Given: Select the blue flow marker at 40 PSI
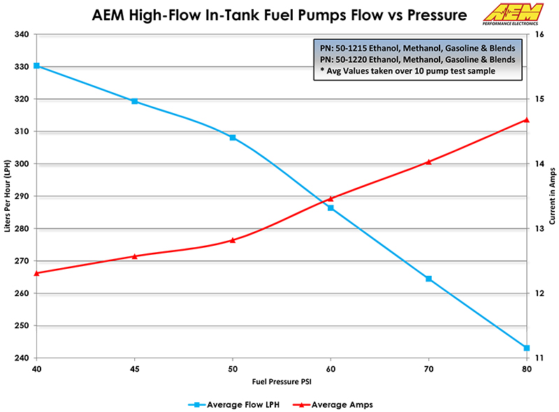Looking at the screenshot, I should point(36,66).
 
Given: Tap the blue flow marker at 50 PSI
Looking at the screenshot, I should point(233,138).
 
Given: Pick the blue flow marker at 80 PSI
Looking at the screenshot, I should point(527,348).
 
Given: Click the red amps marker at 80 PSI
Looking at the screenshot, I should point(527,120).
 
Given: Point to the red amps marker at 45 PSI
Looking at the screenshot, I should point(135,256).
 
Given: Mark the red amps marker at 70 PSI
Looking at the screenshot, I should point(429,161).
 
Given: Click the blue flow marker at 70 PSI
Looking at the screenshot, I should point(429,279).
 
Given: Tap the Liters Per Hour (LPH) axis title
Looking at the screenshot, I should point(8,196).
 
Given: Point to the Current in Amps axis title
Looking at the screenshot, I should point(552,196).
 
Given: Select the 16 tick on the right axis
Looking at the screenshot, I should point(539,34).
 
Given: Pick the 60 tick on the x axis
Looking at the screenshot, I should point(331,369).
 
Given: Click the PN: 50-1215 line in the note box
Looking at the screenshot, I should point(416,48).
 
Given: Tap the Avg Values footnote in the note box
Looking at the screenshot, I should point(409,72).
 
